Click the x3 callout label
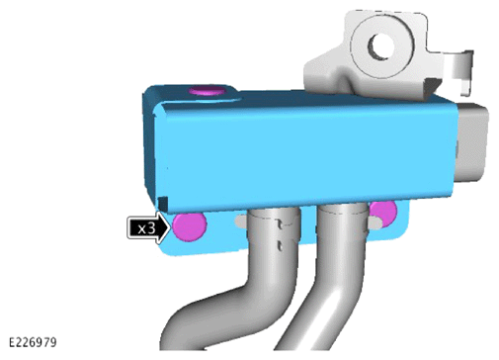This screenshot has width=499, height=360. pos(149,227)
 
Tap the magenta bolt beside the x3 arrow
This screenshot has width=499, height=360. pos(190,226)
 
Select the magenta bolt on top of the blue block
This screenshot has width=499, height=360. pos(207,90)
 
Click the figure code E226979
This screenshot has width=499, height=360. pos(33,342)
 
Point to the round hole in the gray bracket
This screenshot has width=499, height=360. pos(381,46)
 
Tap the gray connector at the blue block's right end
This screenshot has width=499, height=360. pos(471,141)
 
